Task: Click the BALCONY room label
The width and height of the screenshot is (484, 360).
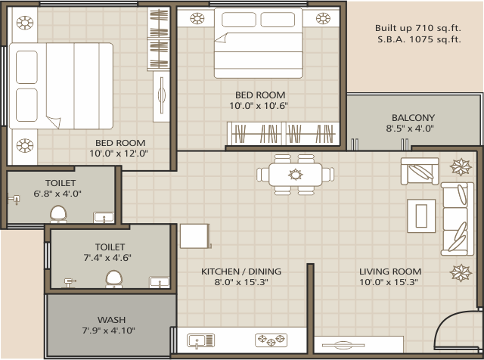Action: click(413, 117)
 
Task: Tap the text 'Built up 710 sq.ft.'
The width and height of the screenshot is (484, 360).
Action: click(417, 28)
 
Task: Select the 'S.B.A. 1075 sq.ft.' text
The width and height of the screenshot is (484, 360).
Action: click(417, 40)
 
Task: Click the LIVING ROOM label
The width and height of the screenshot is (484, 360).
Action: click(390, 272)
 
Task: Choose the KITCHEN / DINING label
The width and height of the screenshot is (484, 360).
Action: click(240, 272)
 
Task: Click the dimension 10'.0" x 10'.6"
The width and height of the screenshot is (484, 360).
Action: click(259, 106)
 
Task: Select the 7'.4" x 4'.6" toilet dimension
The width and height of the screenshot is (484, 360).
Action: click(110, 258)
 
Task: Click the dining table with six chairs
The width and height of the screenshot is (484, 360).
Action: click(295, 174)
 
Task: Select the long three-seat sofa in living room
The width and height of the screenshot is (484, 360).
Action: click(455, 219)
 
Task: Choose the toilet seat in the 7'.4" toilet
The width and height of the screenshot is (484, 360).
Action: click(114, 281)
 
